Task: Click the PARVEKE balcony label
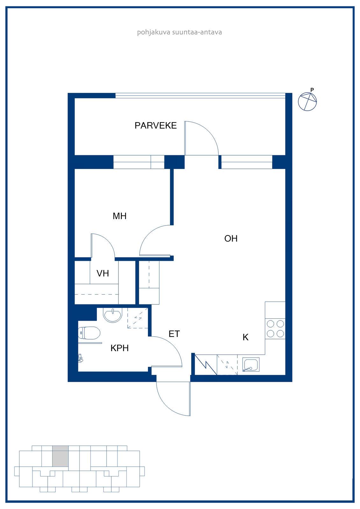coord(156,126)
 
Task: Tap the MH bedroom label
coord(120,216)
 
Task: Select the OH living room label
coord(231,239)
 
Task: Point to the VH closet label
coord(103,273)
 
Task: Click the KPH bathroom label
coord(120,348)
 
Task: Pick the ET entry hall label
coord(174,334)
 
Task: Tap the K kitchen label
coord(245,338)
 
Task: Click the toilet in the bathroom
coord(89,333)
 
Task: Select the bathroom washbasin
coord(113,315)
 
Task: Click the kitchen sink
coord(251,365)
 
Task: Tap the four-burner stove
coord(275,329)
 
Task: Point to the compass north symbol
coord(307,101)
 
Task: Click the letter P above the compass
coord(312,90)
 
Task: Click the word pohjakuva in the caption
coord(154,32)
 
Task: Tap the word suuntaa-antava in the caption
coord(197,32)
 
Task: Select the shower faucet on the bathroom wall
coord(80,358)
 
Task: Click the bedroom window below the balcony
coord(139,162)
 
